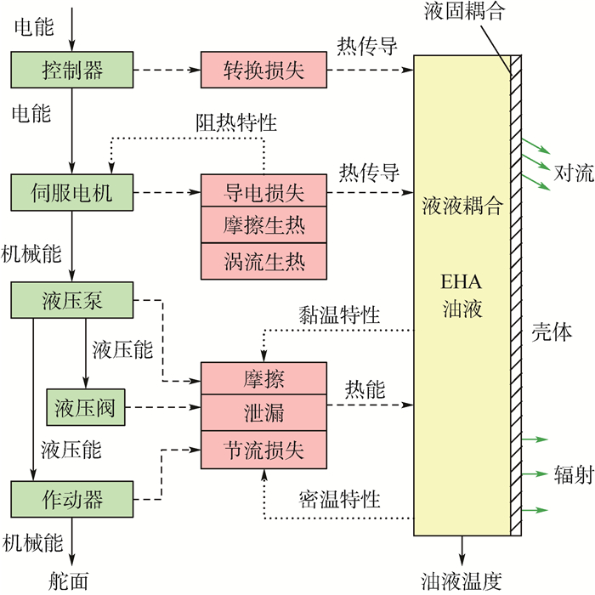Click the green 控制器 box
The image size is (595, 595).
click(73, 69)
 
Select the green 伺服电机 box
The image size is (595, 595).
click(73, 193)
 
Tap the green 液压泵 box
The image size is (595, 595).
click(73, 300)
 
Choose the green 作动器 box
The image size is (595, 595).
click(73, 496)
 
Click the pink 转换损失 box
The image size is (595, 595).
click(263, 69)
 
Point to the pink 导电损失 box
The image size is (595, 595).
click(263, 193)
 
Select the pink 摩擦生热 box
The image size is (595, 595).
click(263, 226)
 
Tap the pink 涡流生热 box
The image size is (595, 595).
click(263, 260)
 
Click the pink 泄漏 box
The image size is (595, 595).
click(263, 413)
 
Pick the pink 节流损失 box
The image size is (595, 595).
click(263, 447)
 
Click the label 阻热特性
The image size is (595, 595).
click(235, 123)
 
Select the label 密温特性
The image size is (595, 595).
click(338, 497)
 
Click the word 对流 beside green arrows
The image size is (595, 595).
click(573, 173)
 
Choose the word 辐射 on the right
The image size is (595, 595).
click(573, 474)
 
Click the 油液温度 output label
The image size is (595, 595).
click(462, 581)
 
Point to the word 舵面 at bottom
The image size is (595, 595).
click(68, 581)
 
